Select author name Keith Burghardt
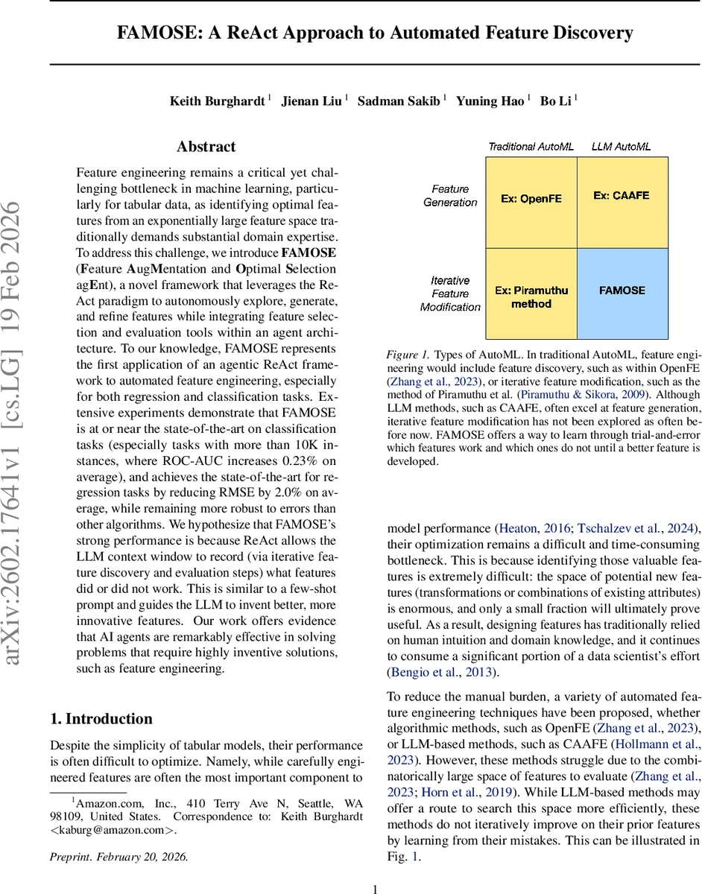click(x=217, y=101)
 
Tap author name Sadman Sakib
click(x=399, y=101)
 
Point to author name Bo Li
click(x=554, y=101)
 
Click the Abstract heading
click(x=206, y=147)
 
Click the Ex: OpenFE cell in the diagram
click(x=531, y=200)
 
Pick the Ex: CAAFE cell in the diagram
click(x=622, y=196)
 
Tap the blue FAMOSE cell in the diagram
click(x=622, y=291)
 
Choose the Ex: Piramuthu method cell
click(x=531, y=297)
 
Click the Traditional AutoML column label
click(x=531, y=147)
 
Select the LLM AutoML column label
click(x=622, y=147)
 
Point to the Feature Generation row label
click(x=450, y=196)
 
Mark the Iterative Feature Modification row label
click(x=450, y=294)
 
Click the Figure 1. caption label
click(x=408, y=355)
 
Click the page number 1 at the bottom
click(x=375, y=889)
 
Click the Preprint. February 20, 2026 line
click(x=119, y=857)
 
